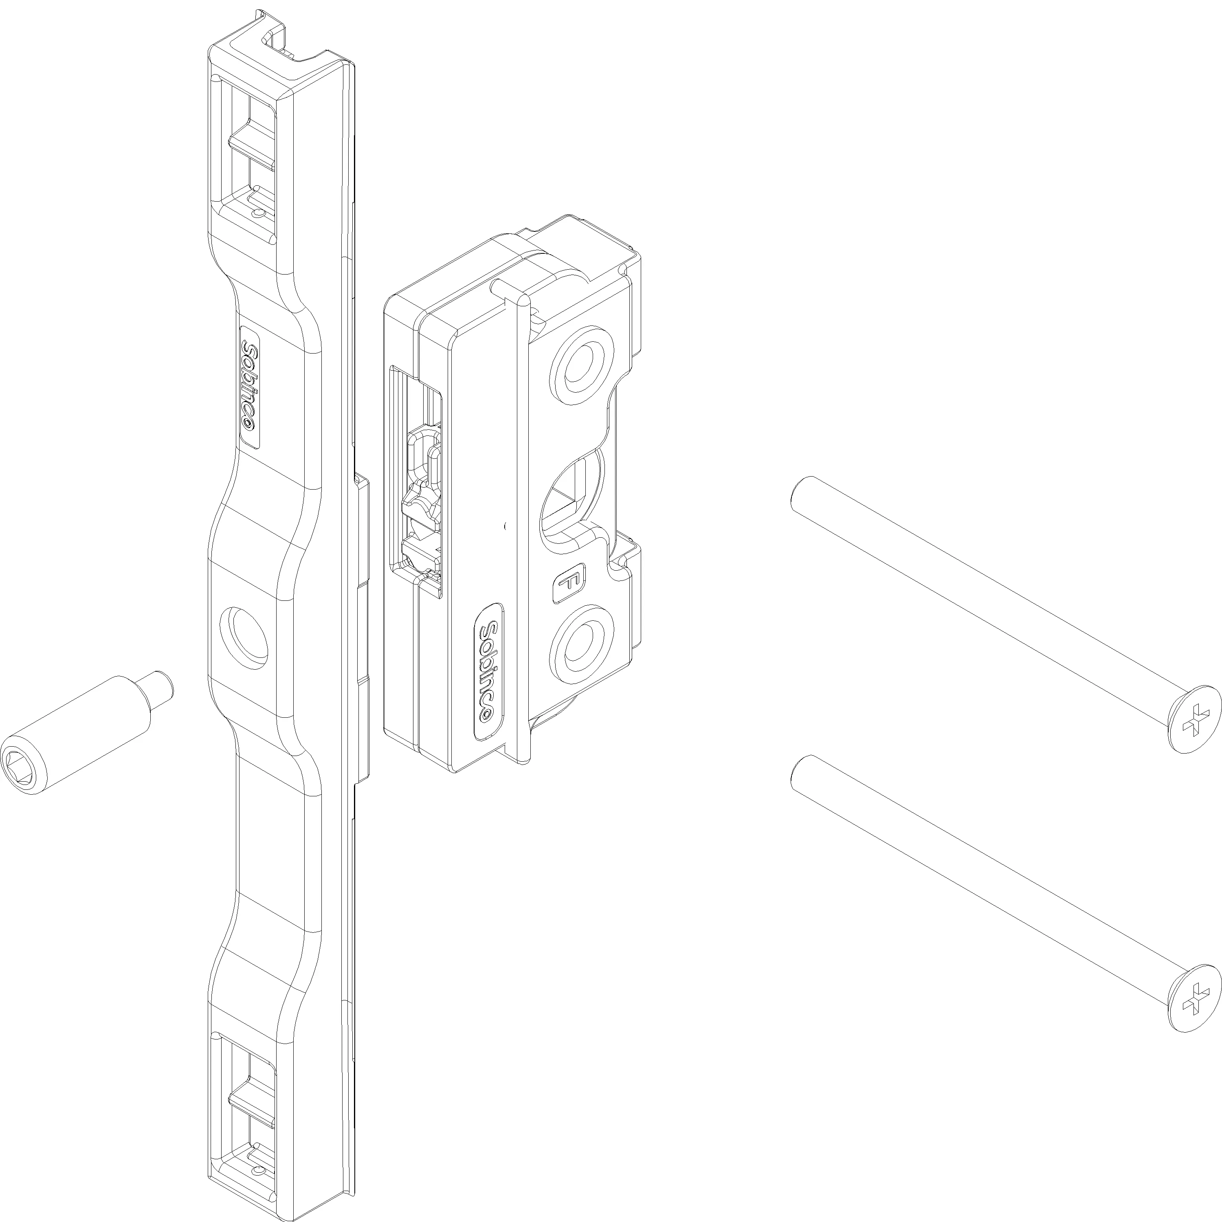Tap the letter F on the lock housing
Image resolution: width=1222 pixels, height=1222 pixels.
(569, 584)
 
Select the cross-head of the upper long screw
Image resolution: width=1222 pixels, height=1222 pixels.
(1193, 719)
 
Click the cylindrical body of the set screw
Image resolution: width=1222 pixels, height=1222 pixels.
(88, 727)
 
